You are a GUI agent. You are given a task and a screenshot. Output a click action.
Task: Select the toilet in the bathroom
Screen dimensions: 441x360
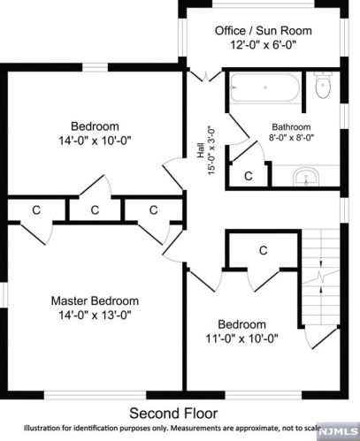[x=322, y=87]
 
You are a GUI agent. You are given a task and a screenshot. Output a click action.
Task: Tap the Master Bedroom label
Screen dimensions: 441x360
[x=94, y=300]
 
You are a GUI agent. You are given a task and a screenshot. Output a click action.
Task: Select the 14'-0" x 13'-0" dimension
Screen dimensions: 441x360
[x=94, y=314]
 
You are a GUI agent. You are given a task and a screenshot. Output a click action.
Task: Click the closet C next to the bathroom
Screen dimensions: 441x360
[x=249, y=176]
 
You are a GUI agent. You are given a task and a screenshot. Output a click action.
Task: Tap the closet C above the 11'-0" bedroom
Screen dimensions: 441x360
[x=264, y=251]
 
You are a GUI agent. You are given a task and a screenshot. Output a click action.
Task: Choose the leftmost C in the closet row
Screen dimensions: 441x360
[x=36, y=209]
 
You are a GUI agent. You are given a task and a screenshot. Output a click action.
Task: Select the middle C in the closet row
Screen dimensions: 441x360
[x=95, y=209]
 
